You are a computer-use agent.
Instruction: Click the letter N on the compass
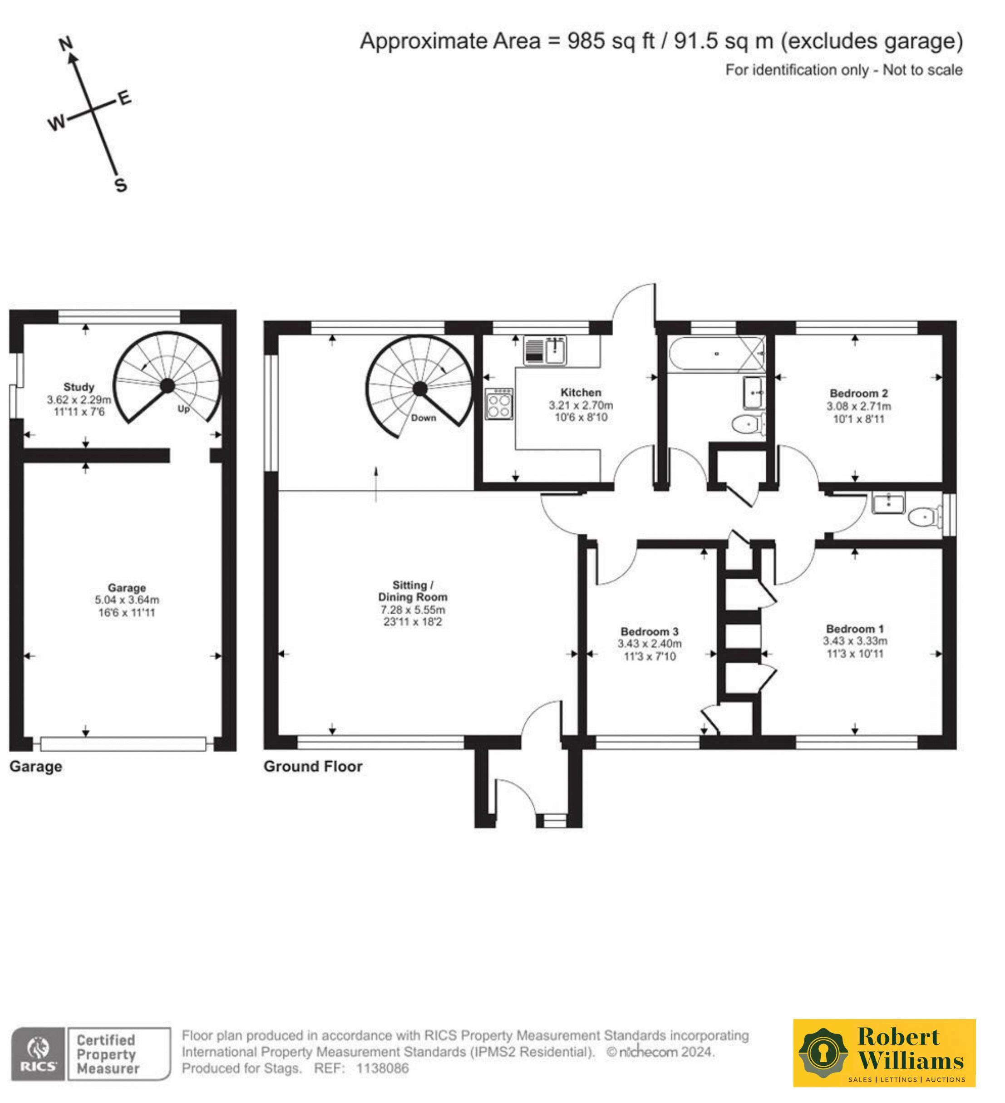click(66, 44)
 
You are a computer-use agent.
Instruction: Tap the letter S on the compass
click(121, 186)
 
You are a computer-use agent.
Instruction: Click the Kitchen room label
click(581, 393)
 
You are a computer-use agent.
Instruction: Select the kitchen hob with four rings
click(499, 404)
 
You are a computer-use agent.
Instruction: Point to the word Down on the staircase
click(424, 418)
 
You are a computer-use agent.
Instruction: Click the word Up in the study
click(183, 409)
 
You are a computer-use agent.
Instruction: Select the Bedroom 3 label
click(650, 632)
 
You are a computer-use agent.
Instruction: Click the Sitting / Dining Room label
click(413, 591)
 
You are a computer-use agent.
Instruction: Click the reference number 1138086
click(382, 1069)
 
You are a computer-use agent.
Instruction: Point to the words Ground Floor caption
click(313, 767)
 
